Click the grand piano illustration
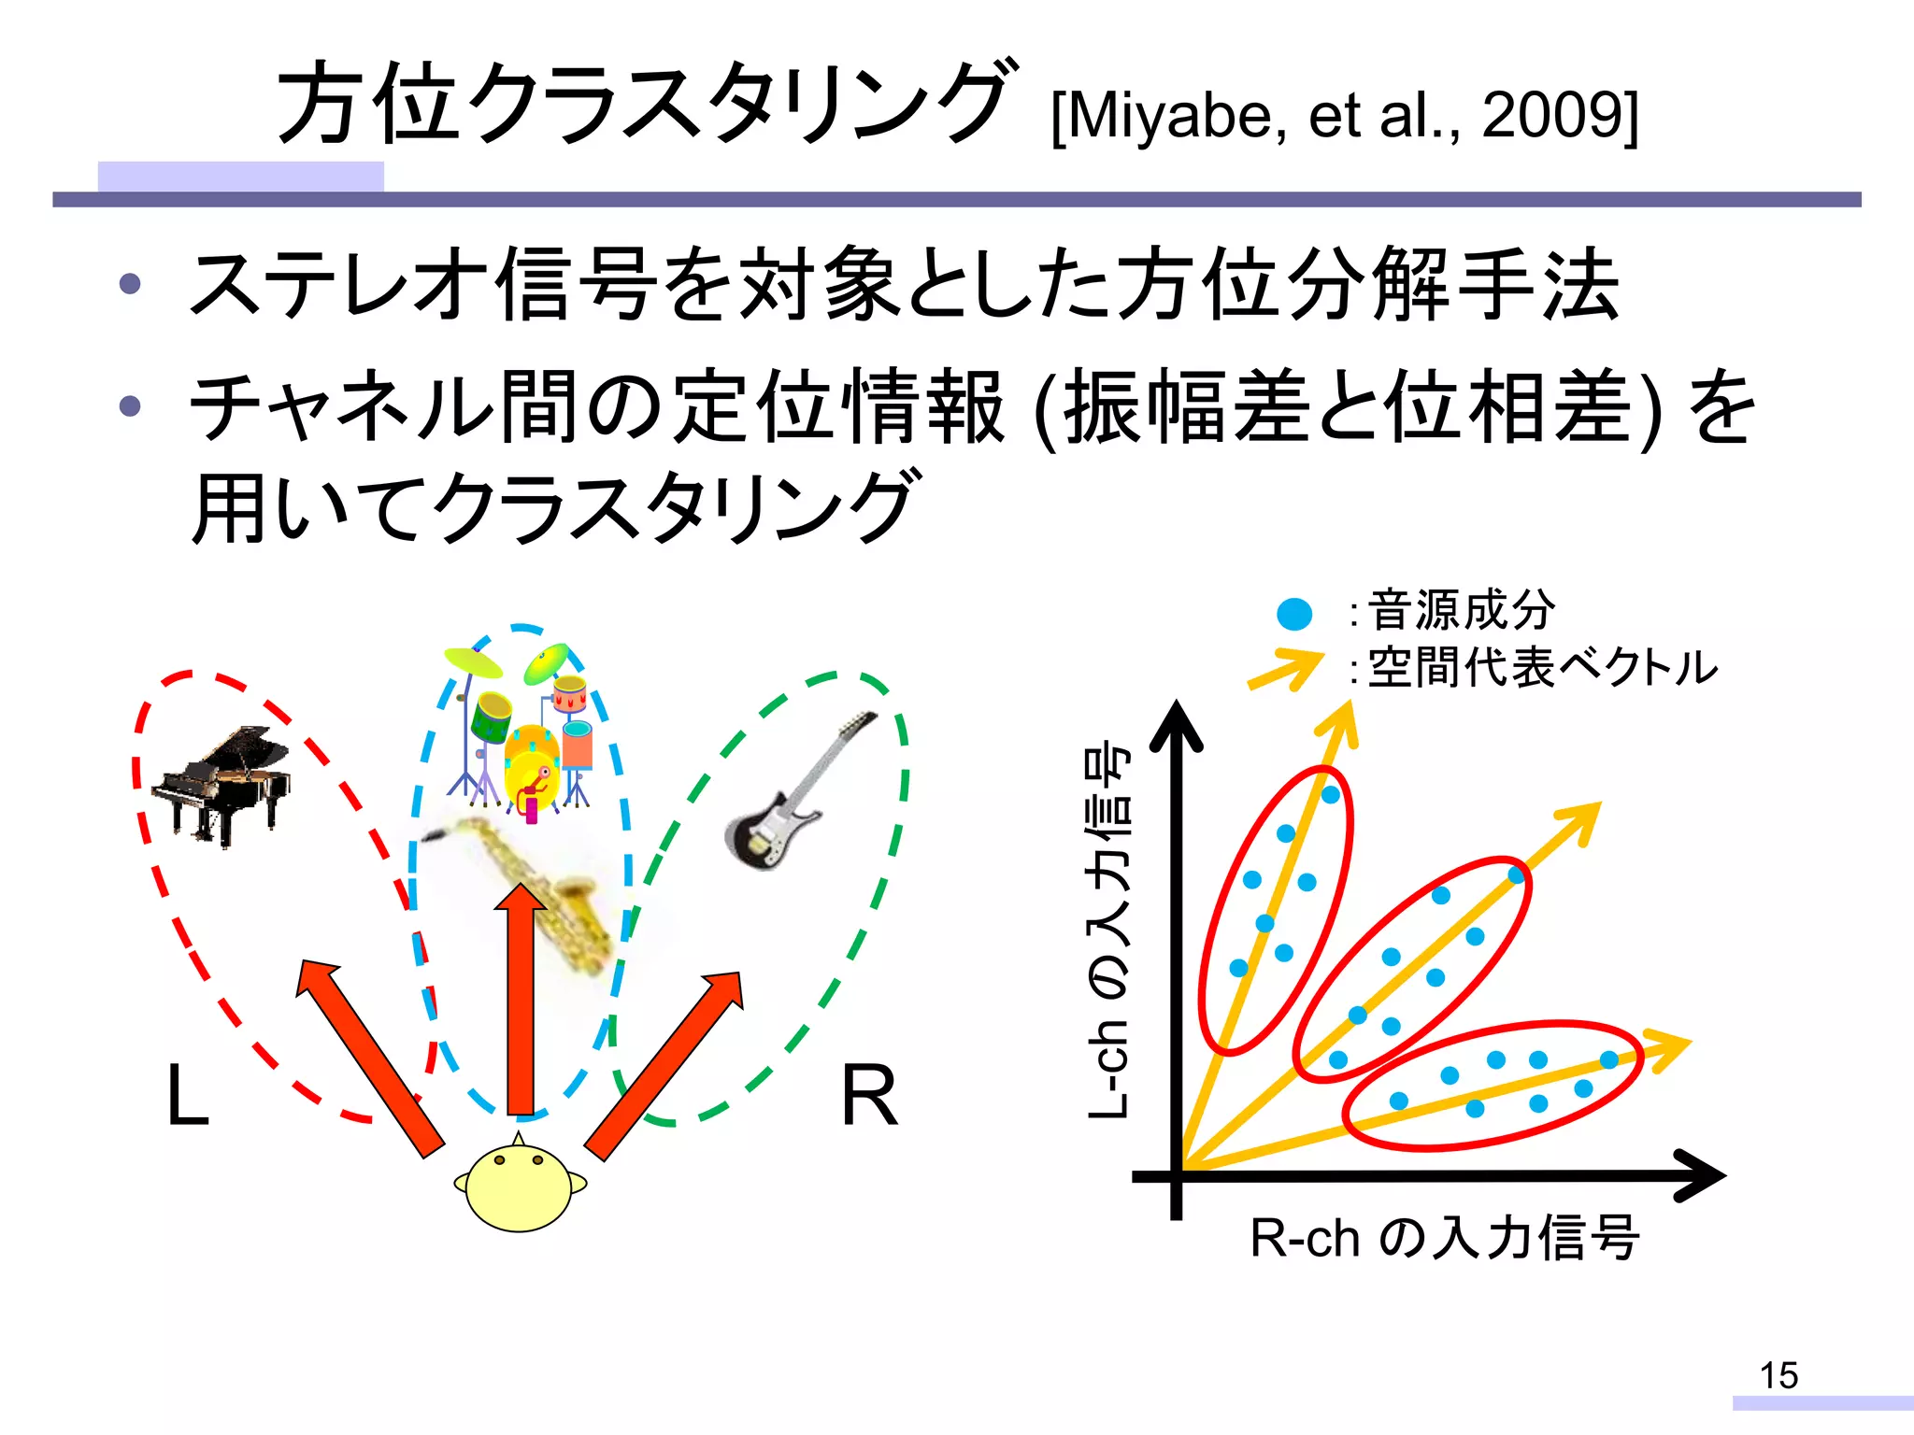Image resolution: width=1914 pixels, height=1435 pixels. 222,785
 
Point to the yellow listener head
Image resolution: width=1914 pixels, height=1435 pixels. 520,1186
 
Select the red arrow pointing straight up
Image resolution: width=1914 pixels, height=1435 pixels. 521,1000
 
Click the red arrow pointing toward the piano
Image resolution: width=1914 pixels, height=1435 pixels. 369,1056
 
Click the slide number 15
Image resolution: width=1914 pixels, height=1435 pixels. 1778,1375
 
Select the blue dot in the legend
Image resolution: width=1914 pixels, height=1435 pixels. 1294,614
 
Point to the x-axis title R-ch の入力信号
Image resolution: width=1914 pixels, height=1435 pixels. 1444,1238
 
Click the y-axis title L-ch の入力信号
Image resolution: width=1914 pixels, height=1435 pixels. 1109,930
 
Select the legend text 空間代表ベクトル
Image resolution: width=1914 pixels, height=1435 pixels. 1542,668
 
